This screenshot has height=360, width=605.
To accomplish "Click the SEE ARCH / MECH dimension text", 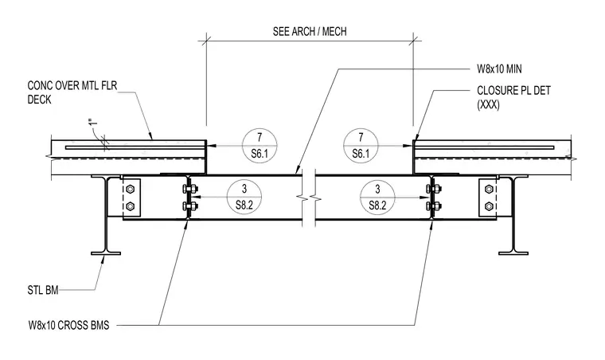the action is click(310, 31).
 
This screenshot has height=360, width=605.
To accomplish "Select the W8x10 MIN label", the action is click(499, 69).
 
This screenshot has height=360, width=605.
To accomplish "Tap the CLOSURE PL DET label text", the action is click(513, 91).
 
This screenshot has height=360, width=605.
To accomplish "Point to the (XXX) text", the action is click(488, 104).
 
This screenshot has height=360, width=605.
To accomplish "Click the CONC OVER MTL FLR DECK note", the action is click(72, 92).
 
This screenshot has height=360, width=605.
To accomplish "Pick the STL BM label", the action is click(43, 290).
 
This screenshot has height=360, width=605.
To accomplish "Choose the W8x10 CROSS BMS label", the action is click(68, 325).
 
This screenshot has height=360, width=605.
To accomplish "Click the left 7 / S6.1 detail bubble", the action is click(260, 146).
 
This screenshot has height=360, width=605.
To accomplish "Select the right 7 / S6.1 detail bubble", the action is click(361, 146).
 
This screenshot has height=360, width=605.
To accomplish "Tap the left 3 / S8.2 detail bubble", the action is click(244, 198).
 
